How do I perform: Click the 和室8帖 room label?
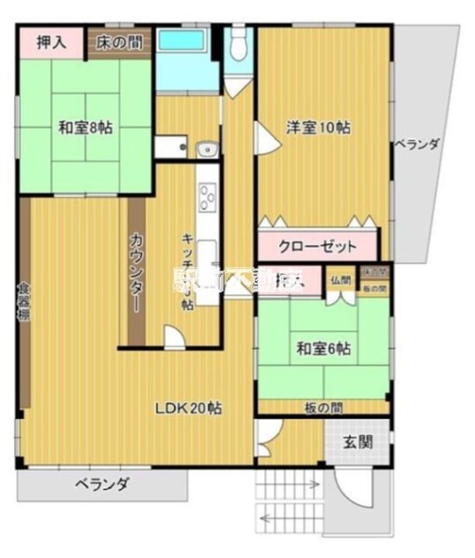coord(85,129)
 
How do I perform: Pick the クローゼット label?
coord(318,247)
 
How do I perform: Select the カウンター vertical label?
coord(136,271)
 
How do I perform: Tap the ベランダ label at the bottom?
coord(102,485)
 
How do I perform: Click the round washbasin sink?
coord(206,150)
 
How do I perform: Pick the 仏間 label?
coord(341,280)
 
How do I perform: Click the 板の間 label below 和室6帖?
coord(322,407)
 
